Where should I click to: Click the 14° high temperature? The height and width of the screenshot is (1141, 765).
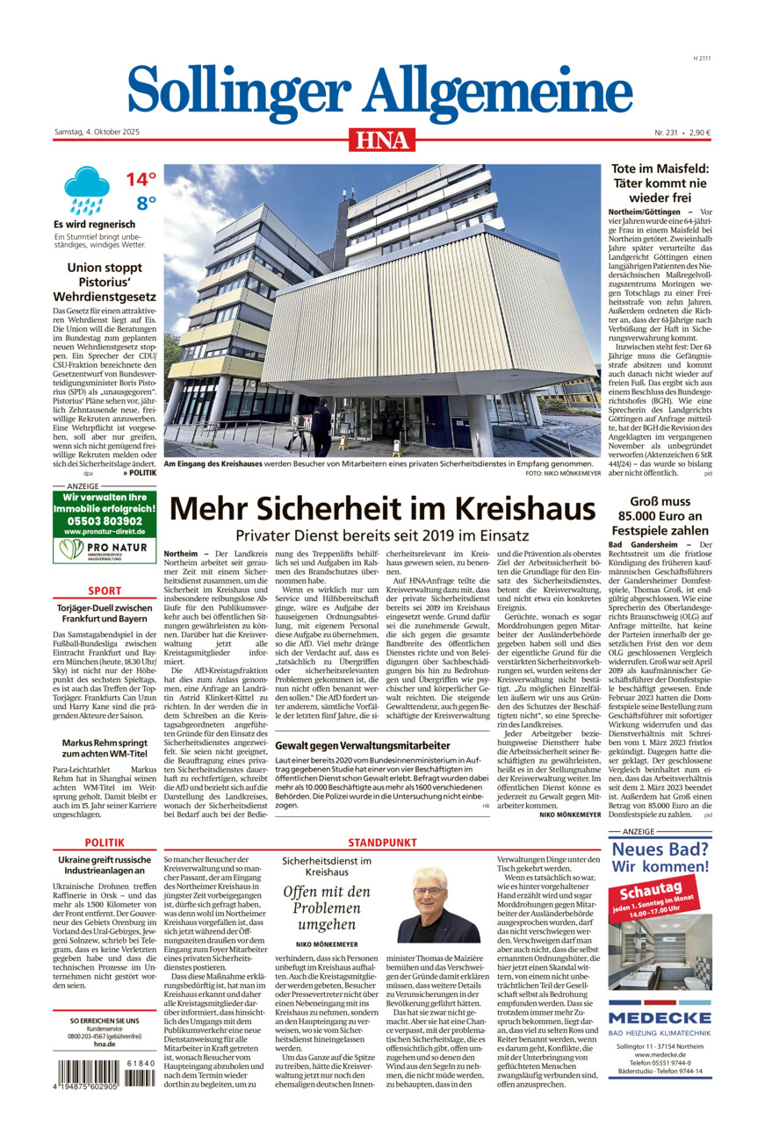[140, 180]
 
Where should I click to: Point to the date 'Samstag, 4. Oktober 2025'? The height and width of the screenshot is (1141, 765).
[97, 133]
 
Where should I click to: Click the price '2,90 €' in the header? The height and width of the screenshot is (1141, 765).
[699, 133]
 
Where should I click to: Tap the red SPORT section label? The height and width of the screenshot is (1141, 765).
[105, 592]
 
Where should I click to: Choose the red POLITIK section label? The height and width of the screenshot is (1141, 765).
[105, 843]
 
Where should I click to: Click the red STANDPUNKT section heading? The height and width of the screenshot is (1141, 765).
[382, 843]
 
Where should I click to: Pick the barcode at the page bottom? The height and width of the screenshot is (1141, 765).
[104, 1074]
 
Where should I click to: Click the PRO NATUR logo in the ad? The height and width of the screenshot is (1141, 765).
[105, 550]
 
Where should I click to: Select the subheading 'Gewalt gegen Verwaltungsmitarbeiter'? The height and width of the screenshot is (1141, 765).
[363, 746]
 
